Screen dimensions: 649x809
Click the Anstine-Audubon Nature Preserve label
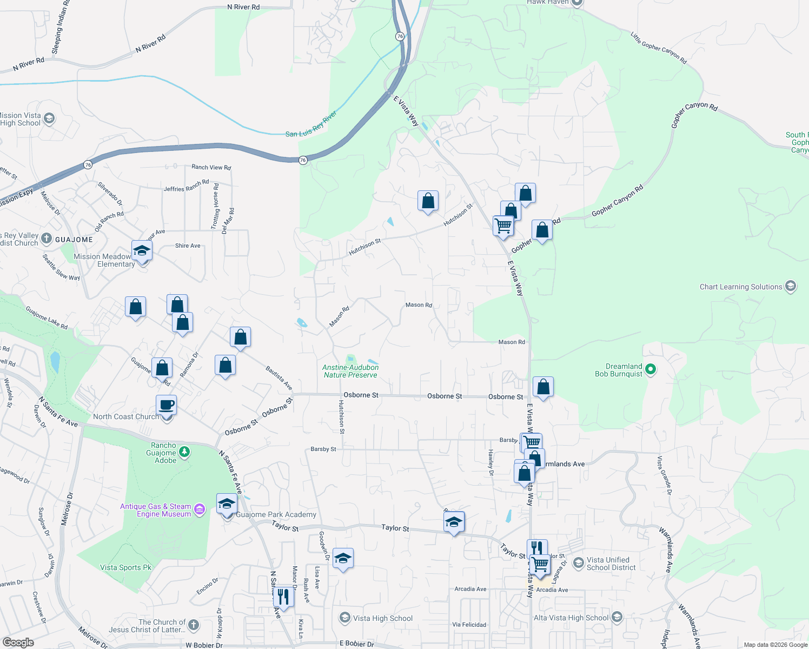point(350,371)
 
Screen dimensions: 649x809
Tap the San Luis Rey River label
point(311,124)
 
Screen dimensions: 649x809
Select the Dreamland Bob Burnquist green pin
point(651,370)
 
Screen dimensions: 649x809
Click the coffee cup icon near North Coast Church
point(167,405)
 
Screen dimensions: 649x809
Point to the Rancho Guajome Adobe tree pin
point(184,452)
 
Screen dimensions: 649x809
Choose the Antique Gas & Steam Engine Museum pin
point(200,509)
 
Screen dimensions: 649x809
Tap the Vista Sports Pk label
point(125,567)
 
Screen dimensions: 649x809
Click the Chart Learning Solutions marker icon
point(791,286)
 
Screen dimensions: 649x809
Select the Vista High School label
point(382,618)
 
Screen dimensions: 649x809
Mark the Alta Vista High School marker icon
point(617,617)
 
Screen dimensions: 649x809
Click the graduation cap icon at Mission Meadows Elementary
point(142,250)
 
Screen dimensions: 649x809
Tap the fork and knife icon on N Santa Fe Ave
point(283,596)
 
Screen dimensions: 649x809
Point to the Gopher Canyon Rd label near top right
point(694,115)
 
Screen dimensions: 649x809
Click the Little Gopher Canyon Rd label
point(658,48)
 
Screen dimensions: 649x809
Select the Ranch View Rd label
point(211,167)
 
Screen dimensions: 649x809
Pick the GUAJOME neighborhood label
point(74,240)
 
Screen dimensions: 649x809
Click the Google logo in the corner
point(18,643)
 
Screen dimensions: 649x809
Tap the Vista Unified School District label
point(611,564)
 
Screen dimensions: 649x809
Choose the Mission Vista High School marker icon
point(49,118)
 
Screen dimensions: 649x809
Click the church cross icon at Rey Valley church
point(47,239)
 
